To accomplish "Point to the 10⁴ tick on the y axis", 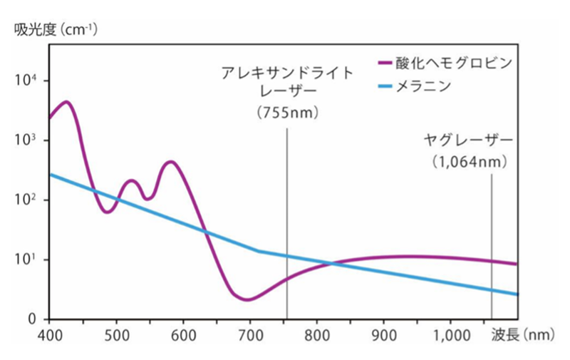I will [x=27, y=80].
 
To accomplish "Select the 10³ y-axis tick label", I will [x=27, y=140].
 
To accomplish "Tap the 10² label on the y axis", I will [x=27, y=200].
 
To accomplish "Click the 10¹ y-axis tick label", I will [x=27, y=259].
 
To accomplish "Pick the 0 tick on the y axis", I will [x=32, y=319].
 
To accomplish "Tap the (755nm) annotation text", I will [x=286, y=113].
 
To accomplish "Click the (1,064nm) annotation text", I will [x=471, y=162].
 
